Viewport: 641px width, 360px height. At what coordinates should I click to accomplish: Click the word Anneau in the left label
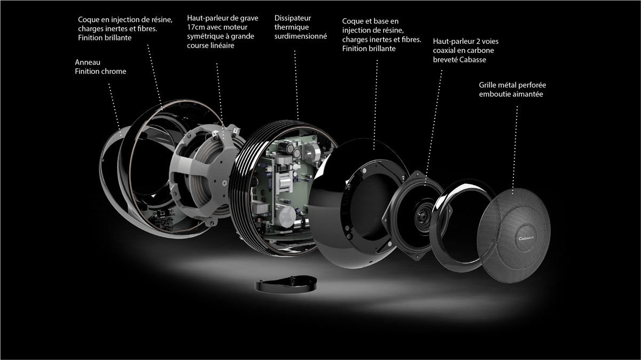coord(88,61)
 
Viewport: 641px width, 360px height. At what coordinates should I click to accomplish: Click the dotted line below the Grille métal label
coord(517,134)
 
